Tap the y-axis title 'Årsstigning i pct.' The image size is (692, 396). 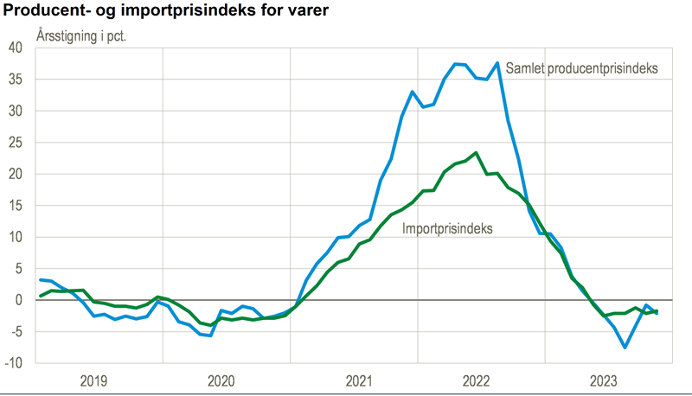pos(81,36)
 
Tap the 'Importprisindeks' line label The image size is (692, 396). pos(447,229)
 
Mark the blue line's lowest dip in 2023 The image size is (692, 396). pos(625,348)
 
